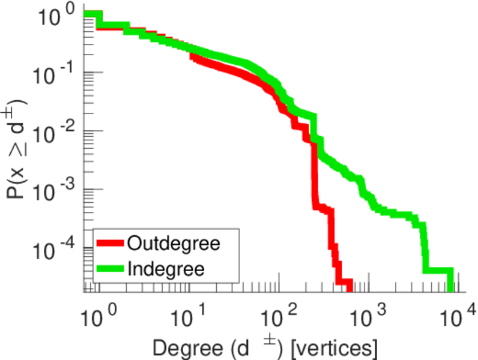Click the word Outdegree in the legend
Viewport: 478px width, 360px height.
click(173, 244)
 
